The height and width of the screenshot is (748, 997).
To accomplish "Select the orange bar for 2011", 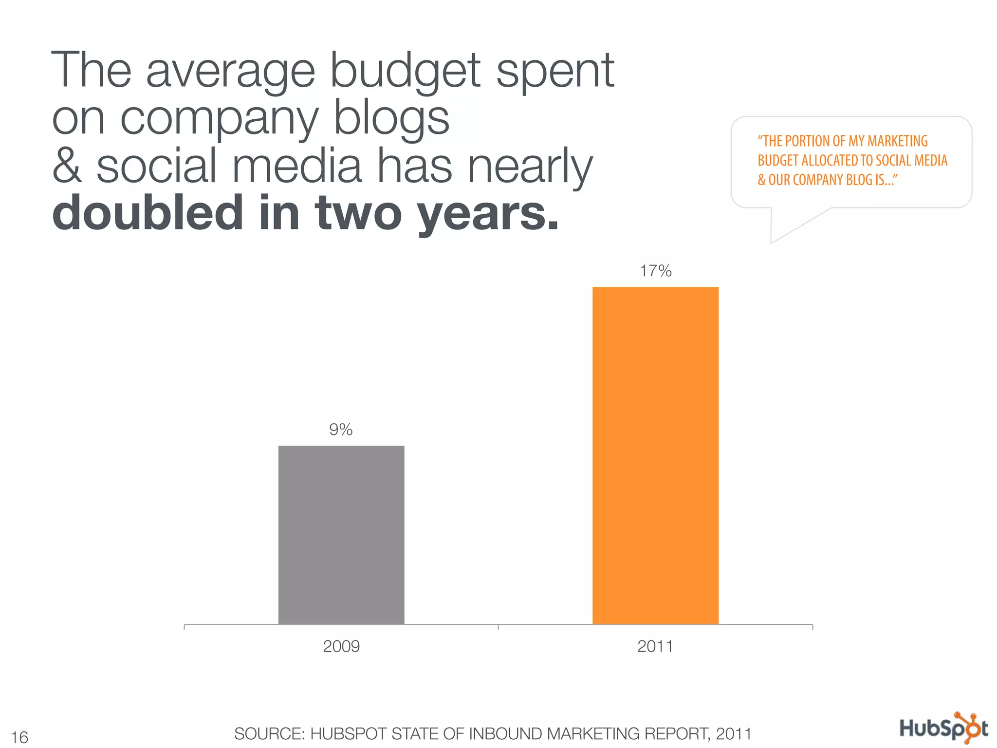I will click(655, 455).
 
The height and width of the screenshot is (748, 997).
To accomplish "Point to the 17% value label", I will click(655, 271).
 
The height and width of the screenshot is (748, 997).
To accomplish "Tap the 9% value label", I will click(341, 430).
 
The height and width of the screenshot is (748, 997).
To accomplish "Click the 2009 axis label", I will click(341, 646).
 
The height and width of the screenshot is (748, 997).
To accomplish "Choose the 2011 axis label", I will click(655, 646).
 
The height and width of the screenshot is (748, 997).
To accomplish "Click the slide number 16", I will click(19, 737).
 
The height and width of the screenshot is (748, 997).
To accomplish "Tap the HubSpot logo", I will click(943, 729).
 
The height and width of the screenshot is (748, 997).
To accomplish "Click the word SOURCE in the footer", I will click(269, 733).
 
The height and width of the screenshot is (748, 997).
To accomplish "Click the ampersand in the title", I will click(67, 166).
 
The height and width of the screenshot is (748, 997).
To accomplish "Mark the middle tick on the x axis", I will click(498, 627).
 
